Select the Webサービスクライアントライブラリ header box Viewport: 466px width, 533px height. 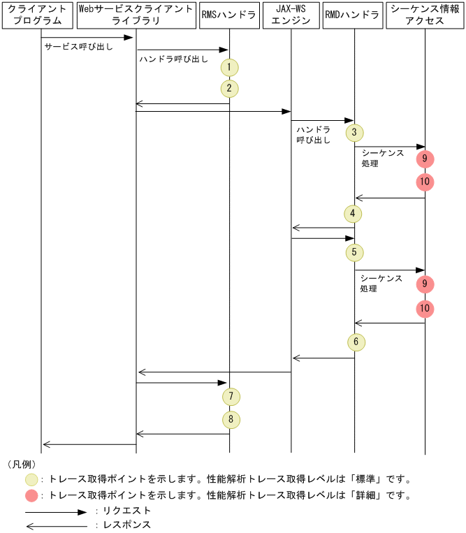(136, 15)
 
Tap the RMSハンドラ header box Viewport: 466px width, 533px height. (228, 15)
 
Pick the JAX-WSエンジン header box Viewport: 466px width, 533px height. (291, 15)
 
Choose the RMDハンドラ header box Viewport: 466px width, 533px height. (352, 15)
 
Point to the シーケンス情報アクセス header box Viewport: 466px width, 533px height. (424, 15)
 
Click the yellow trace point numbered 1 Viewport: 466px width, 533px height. (229, 68)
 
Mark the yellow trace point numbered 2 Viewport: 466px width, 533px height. (229, 89)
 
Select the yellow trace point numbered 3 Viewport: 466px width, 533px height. (354, 132)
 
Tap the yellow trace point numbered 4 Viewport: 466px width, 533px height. (354, 213)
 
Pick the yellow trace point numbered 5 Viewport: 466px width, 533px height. (354, 251)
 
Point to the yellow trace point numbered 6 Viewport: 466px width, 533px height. (354, 342)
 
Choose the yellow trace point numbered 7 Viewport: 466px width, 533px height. (230, 397)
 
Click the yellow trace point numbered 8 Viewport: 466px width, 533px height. (230, 420)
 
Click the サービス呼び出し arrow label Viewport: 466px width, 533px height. (78, 48)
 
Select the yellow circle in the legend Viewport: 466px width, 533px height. (32, 479)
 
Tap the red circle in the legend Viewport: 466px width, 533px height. (32, 495)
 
